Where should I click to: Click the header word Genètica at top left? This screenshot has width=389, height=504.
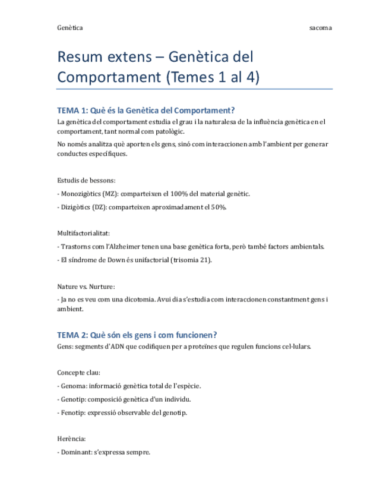pos(69,28)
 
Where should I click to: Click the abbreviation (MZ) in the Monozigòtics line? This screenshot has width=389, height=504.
pos(110,194)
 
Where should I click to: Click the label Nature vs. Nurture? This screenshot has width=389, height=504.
pos(86,286)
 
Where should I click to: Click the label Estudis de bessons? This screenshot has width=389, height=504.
pos(86,180)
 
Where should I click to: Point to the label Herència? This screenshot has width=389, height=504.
pos(72,439)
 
